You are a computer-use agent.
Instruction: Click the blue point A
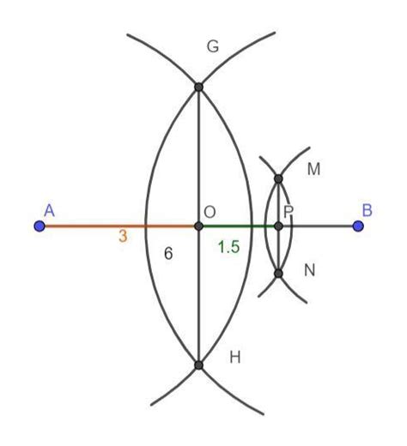39,226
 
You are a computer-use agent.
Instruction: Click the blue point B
358,226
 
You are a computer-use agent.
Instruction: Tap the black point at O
198,226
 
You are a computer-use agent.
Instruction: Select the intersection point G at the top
198,87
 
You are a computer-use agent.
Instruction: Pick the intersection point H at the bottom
198,365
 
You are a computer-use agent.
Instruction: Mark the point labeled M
278,178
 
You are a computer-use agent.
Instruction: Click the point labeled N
278,274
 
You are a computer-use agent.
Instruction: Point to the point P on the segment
278,226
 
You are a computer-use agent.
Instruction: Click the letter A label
49,209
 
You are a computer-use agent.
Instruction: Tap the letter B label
367,209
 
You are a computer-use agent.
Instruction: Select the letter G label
213,48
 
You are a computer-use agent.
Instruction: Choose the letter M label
313,170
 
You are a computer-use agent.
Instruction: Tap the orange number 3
123,238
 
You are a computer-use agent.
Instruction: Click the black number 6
168,255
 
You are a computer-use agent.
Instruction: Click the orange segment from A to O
94,226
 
